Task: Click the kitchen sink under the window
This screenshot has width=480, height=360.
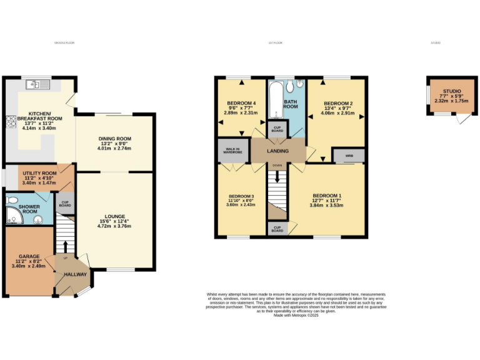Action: (32, 84)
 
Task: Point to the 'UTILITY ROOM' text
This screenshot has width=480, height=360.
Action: (39, 173)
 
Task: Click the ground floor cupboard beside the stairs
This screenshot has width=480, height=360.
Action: (65, 204)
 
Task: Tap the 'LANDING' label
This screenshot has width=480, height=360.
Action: (278, 151)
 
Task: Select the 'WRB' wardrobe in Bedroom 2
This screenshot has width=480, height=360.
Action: (344, 156)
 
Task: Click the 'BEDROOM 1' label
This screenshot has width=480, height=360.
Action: (327, 196)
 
